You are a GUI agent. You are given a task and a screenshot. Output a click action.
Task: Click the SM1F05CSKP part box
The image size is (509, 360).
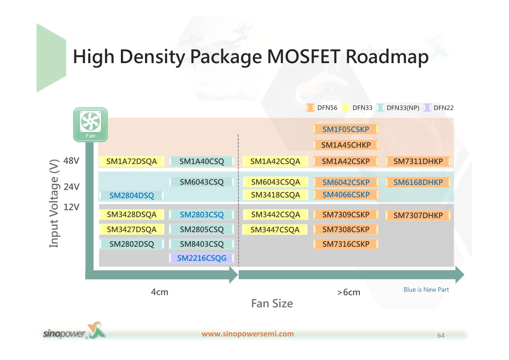pos(346,129)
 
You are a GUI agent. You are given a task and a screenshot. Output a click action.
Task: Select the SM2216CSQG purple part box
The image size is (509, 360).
pos(201,258)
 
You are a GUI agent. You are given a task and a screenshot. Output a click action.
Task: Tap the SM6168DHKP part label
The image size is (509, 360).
pos(418,182)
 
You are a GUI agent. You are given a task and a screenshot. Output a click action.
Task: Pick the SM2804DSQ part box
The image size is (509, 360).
pos(131,195)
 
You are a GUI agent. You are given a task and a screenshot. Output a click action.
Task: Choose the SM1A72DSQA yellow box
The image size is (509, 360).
pos(131,161)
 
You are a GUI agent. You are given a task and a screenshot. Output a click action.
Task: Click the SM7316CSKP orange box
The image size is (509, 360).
pos(346,244)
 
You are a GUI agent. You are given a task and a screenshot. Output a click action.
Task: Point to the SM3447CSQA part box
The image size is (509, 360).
pos(275,230)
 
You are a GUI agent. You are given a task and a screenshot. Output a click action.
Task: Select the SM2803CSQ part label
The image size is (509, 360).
pos(201,215)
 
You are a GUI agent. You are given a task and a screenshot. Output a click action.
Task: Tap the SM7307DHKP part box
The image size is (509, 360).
pos(418,215)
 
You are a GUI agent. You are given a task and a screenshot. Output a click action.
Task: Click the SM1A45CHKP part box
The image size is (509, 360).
pos(346,145)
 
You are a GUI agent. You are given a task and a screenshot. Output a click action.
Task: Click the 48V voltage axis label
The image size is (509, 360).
pos(71,161)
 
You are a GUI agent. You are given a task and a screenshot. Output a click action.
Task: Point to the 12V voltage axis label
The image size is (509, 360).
pos(71,207)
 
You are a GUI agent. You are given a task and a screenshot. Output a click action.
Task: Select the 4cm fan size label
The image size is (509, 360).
pos(160,292)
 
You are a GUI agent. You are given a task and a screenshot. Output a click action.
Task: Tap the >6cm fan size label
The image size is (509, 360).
pos(348,292)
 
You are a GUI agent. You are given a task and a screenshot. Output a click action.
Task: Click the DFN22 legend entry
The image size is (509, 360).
pos(439,108)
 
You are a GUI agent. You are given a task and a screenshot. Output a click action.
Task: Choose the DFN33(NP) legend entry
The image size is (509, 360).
pos(398,108)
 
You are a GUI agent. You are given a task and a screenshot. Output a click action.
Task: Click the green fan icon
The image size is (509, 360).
pos(90,125)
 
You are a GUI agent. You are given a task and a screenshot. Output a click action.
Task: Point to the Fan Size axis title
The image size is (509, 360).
pos(272,303)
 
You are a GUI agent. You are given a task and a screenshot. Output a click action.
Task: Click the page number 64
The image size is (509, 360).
pos(441,335)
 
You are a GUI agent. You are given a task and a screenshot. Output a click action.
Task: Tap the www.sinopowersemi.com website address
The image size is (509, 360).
pos(248,334)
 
